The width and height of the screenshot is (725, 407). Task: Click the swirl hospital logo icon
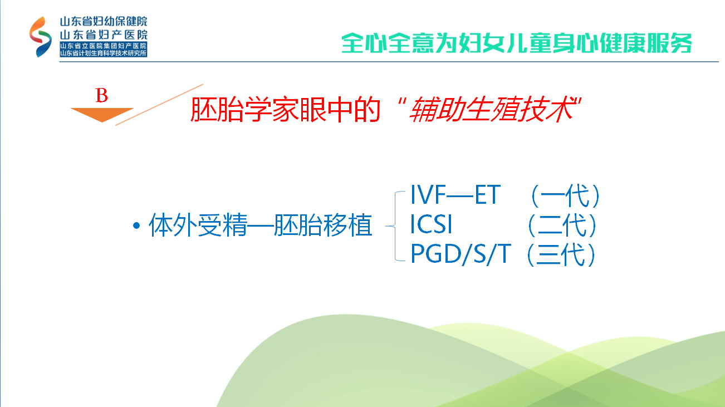(41, 37)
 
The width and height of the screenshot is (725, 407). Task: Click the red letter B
(102, 95)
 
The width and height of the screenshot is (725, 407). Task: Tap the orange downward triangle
(102, 115)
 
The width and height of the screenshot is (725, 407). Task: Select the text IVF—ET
(455, 195)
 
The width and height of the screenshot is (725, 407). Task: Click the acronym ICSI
(431, 224)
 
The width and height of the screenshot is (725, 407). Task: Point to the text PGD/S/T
(461, 254)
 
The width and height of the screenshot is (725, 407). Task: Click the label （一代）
(565, 195)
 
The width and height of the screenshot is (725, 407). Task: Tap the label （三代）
(561, 254)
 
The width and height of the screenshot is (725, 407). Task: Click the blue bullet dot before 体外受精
(136, 225)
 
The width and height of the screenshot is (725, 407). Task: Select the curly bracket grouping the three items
(395, 226)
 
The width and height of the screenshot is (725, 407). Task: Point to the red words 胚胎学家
(244, 109)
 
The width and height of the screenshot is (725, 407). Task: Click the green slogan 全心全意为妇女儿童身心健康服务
(517, 43)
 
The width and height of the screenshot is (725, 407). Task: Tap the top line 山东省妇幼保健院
(104, 21)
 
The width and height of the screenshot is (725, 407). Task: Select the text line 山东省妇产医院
(104, 35)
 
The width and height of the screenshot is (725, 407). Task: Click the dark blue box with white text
(104, 49)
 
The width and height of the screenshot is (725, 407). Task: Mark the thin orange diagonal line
(159, 105)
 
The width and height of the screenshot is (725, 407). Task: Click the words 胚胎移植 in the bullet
(323, 225)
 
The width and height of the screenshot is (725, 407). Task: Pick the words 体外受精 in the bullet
(198, 225)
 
